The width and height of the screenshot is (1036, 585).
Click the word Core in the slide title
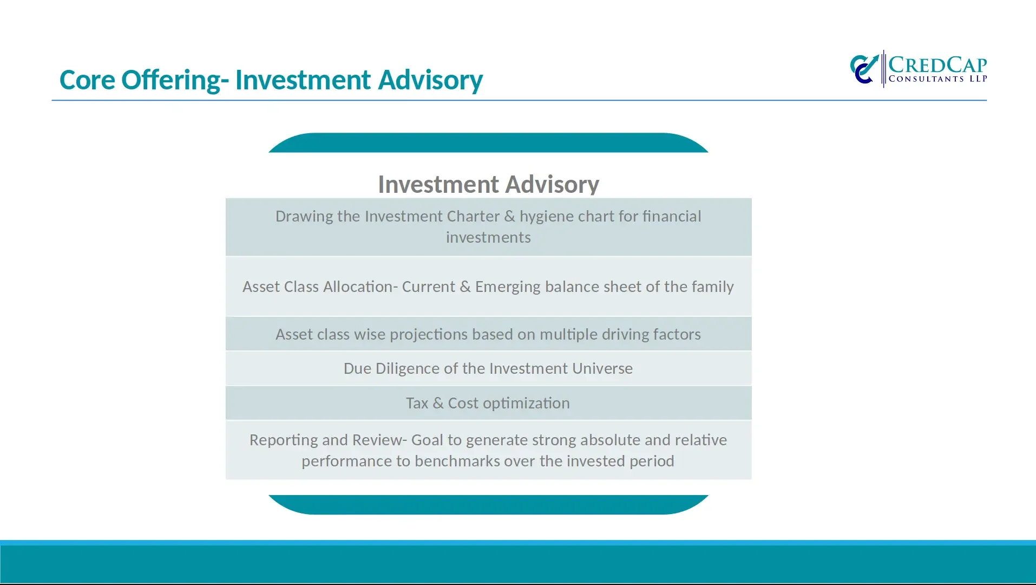87,80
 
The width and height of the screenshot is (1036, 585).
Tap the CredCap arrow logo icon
864,69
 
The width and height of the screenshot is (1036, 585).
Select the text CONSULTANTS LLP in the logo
938,79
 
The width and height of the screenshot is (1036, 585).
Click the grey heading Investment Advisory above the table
488,184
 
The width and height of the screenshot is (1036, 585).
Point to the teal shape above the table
488,142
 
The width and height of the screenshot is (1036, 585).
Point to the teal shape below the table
488,504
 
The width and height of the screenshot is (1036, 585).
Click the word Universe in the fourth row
602,369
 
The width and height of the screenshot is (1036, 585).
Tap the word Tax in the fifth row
417,404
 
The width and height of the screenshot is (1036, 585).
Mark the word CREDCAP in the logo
938,64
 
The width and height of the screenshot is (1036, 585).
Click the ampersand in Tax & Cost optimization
438,404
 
